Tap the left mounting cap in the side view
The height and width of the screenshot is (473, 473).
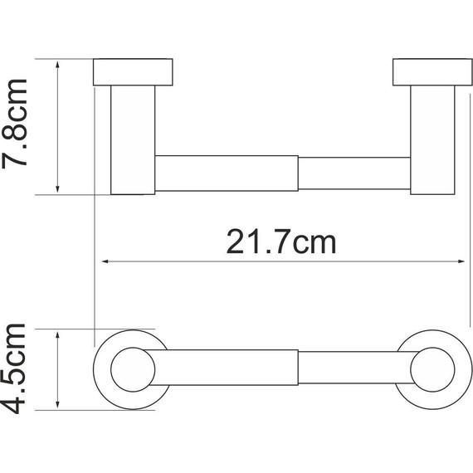click(x=133, y=72)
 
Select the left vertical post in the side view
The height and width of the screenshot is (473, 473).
click(x=133, y=139)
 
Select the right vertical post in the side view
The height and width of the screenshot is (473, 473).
click(x=431, y=139)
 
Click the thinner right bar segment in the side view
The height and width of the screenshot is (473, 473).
click(x=354, y=173)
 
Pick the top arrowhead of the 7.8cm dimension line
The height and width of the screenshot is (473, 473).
click(x=58, y=65)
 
